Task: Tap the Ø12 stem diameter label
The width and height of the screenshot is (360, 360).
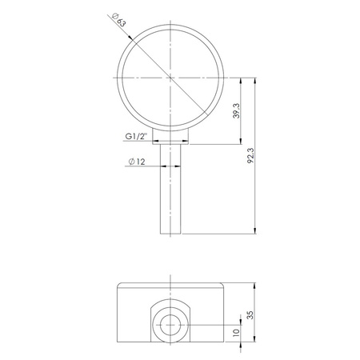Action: pyautogui.click(x=135, y=163)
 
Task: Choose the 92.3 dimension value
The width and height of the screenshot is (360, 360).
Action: pyautogui.click(x=254, y=156)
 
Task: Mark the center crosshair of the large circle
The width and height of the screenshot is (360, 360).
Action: pyautogui.click(x=170, y=78)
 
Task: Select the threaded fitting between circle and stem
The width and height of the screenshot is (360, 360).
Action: pyautogui.click(x=170, y=139)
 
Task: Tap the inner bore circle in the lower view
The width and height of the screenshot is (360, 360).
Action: pyautogui.click(x=170, y=325)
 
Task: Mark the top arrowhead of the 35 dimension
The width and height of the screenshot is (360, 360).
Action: pyautogui.click(x=255, y=285)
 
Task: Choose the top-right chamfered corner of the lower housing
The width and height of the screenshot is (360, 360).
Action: pyautogui.click(x=223, y=285)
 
